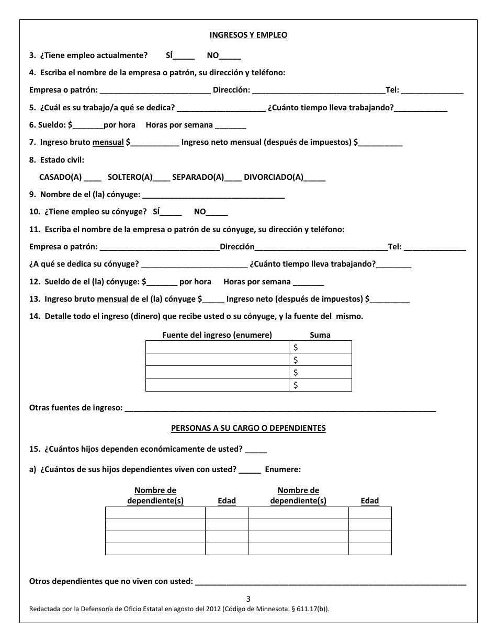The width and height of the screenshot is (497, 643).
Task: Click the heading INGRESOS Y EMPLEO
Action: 248,35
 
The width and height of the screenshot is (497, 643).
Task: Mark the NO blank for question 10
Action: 217,213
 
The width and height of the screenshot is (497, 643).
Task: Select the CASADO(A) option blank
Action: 93,178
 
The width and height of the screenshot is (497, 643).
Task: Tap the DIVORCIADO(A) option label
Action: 273,177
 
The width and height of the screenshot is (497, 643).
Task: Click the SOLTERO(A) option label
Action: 130,177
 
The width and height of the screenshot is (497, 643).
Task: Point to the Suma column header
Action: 320,335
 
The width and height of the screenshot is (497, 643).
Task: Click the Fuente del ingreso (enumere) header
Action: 217,335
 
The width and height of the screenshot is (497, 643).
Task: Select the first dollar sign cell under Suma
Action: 320,347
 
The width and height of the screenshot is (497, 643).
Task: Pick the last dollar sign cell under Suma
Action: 320,385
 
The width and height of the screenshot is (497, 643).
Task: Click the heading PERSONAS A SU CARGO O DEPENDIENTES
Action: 248,428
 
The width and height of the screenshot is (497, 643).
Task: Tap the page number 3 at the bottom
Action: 249,599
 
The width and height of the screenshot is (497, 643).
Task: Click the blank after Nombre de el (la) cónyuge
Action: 213,196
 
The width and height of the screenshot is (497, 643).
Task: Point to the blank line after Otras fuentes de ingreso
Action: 280,408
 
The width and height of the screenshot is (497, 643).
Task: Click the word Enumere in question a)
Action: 283,469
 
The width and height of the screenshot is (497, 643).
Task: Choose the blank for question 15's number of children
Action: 256,450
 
